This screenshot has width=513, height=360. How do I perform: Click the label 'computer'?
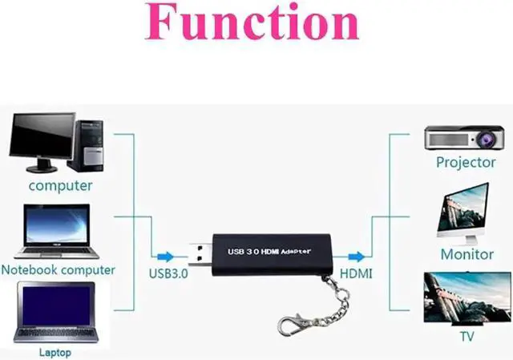point(61,186)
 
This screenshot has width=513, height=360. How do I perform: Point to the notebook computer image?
point(57,231)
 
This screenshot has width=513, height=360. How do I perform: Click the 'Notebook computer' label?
point(59,269)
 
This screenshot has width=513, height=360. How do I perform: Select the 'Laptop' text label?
point(55,352)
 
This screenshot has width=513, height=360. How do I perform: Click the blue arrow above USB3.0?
point(164,257)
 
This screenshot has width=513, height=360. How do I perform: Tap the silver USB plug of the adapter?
point(198,255)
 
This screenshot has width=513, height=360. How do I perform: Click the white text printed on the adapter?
point(269,250)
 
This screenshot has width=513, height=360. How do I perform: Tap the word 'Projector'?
point(466,163)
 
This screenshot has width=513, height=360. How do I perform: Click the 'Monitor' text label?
point(467,254)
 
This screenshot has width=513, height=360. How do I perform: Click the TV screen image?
point(466,296)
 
